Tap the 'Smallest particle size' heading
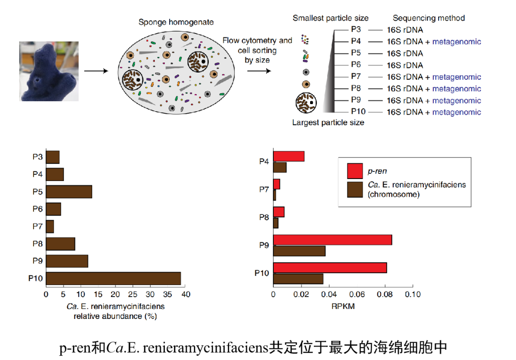[x=330, y=18]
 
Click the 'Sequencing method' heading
[x=429, y=18]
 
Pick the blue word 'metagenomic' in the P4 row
[x=456, y=42]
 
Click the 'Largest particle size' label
[x=328, y=123]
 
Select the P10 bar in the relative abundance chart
[x=113, y=278]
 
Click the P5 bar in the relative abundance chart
[x=69, y=191]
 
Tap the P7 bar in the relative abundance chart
[x=50, y=226]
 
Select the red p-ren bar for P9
[x=333, y=240]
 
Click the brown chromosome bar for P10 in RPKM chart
[x=298, y=279]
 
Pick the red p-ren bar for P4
[x=289, y=156]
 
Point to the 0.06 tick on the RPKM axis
[x=356, y=295]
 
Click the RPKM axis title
[x=343, y=307]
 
